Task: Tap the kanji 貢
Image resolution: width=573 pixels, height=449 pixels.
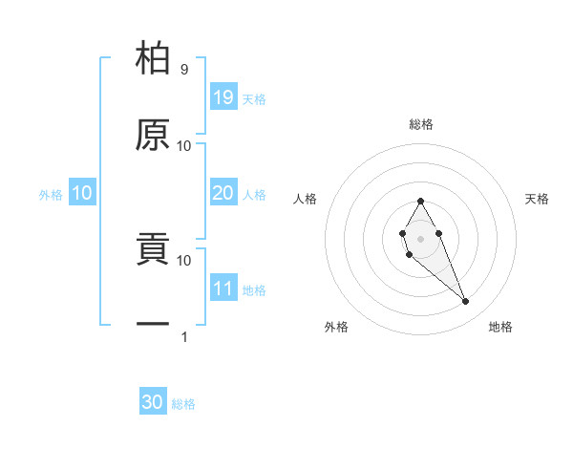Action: [x=153, y=249]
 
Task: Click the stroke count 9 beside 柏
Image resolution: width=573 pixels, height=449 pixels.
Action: [x=183, y=70]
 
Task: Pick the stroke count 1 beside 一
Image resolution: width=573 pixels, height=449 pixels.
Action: [x=183, y=336]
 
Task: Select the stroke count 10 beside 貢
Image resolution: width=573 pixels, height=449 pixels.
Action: [x=184, y=260]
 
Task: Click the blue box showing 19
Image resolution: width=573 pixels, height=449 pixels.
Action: [x=223, y=97]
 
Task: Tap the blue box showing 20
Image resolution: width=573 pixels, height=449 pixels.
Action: [x=223, y=193]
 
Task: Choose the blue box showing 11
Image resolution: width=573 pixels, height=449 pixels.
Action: [x=223, y=289]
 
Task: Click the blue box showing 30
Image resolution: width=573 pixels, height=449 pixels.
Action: [x=153, y=402]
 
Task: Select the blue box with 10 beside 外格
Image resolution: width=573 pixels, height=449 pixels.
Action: [x=82, y=193]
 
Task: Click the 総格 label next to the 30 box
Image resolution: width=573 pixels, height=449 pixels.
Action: [x=183, y=404]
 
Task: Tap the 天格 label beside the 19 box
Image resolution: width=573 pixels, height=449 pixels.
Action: [x=254, y=99]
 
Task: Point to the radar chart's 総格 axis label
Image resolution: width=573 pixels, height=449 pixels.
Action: [x=421, y=124]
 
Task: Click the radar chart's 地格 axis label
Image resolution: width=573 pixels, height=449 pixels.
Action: [x=500, y=327]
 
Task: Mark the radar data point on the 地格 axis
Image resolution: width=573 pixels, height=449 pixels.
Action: [x=466, y=302]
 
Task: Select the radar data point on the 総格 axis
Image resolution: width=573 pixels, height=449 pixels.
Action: [x=420, y=201]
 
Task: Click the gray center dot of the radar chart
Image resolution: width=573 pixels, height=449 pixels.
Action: [x=420, y=238]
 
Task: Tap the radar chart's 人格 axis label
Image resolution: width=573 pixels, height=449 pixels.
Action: [x=306, y=199]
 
